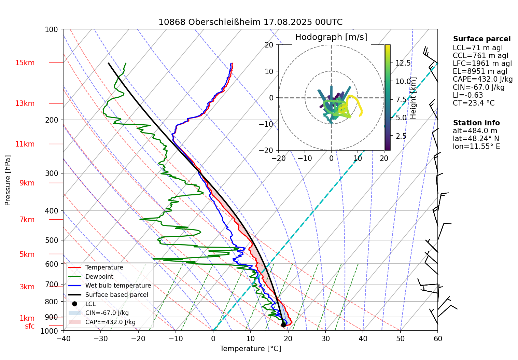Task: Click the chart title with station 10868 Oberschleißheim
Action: click(250, 22)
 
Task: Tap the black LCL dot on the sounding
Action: click(283, 324)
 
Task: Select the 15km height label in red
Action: click(25, 63)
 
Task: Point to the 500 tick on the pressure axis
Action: click(52, 240)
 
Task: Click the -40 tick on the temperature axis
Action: click(63, 339)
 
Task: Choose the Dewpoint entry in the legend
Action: click(99, 277)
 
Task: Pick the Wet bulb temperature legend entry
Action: click(118, 286)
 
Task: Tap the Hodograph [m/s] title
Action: click(331, 37)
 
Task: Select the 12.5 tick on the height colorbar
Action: click(403, 63)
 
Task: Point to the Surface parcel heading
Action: click(482, 39)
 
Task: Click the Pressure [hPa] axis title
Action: click(8, 180)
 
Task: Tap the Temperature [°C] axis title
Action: click(250, 349)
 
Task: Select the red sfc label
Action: click(30, 326)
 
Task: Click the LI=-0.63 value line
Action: click(468, 95)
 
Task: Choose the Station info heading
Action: click(476, 123)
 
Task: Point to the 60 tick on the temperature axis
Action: click(438, 339)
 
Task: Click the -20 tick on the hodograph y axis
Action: click(268, 150)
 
